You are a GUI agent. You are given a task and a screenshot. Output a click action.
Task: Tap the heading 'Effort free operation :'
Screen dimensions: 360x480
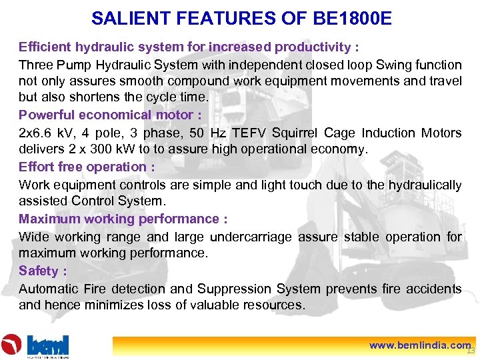coord(87,167)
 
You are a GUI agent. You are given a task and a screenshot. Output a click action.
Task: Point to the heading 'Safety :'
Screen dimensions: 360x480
coord(43,271)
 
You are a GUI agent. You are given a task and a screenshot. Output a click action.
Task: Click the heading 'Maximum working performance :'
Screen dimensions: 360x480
coord(123,219)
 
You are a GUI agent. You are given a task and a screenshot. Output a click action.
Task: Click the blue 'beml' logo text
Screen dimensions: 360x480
coord(47,345)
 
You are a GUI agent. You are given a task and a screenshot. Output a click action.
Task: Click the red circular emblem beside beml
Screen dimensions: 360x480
coord(12,345)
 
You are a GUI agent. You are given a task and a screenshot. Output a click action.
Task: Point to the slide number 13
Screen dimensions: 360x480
coord(471,351)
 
